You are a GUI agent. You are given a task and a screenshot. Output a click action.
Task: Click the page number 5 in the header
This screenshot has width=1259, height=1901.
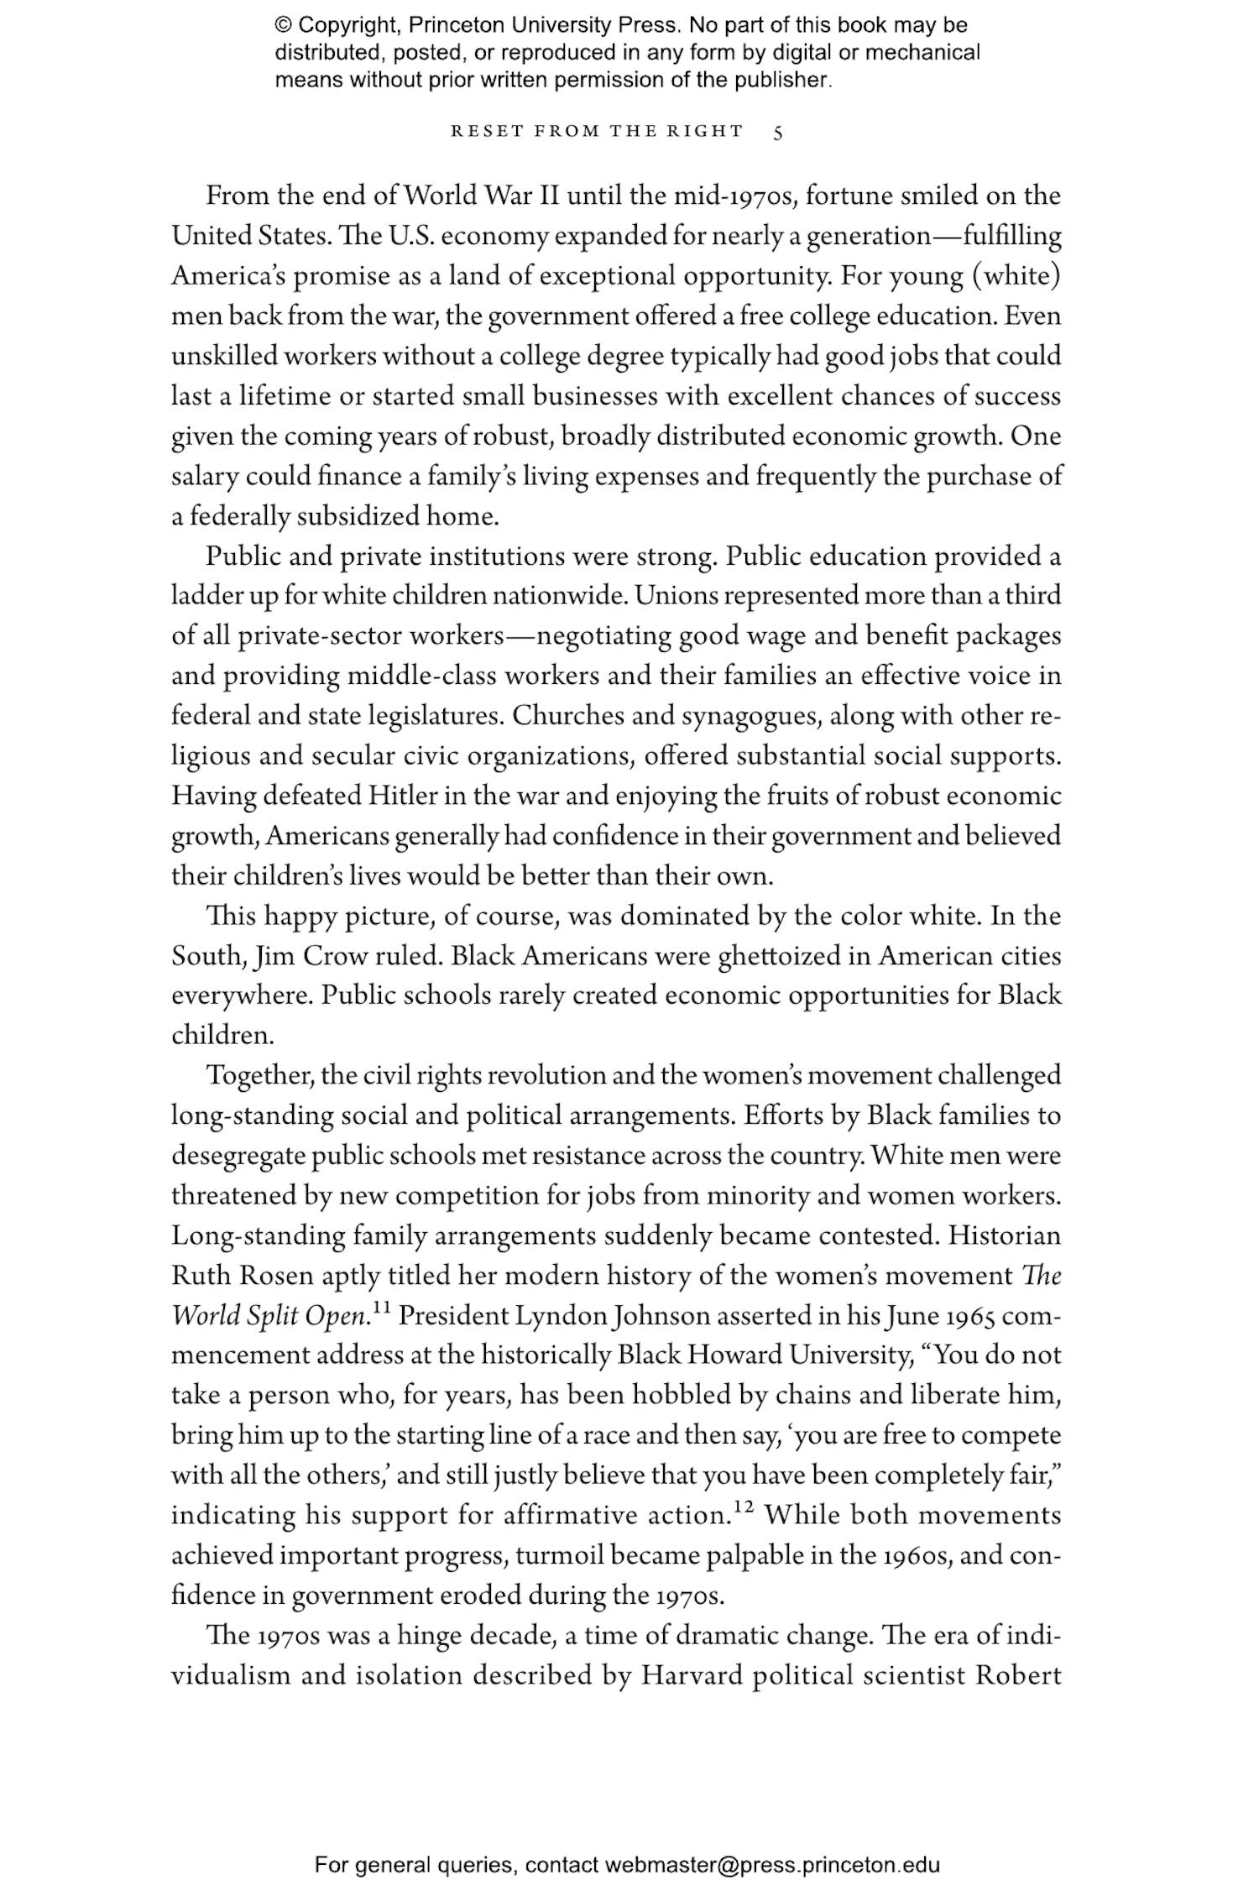(778, 132)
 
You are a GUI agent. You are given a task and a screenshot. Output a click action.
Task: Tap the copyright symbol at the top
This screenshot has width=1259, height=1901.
(284, 25)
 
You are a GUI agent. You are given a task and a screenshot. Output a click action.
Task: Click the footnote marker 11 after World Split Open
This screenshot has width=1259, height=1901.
(382, 1308)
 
